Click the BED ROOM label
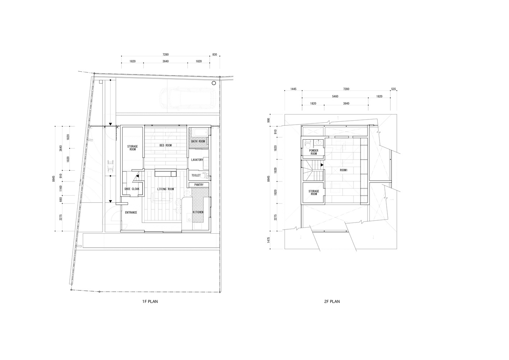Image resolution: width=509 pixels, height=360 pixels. coord(165,145)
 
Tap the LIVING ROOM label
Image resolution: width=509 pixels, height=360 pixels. coord(165,189)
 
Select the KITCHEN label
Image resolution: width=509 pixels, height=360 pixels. coord(198,212)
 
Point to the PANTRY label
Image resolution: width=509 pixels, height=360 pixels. coord(199,185)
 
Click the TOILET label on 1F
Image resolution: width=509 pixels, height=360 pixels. coord(196,175)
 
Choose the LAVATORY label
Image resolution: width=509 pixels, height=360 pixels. coord(197,160)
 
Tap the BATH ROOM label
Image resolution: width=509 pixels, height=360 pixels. coord(198,141)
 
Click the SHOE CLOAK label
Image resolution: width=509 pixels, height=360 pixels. coord(132,189)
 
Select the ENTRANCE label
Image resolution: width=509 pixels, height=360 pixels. coord(131,212)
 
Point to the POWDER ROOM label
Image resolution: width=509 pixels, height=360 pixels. coord(314,152)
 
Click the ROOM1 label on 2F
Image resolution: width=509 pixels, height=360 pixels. coord(344,170)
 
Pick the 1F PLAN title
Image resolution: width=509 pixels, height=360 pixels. coord(150,302)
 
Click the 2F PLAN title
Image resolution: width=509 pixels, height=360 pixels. coord(332,302)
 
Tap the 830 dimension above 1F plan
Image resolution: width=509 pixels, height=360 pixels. coord(214,55)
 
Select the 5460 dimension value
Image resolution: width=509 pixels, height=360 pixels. coord(335,96)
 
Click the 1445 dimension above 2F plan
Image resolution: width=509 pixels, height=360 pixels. coord(294,89)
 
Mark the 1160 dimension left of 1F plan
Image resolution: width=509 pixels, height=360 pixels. coord(61,188)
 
